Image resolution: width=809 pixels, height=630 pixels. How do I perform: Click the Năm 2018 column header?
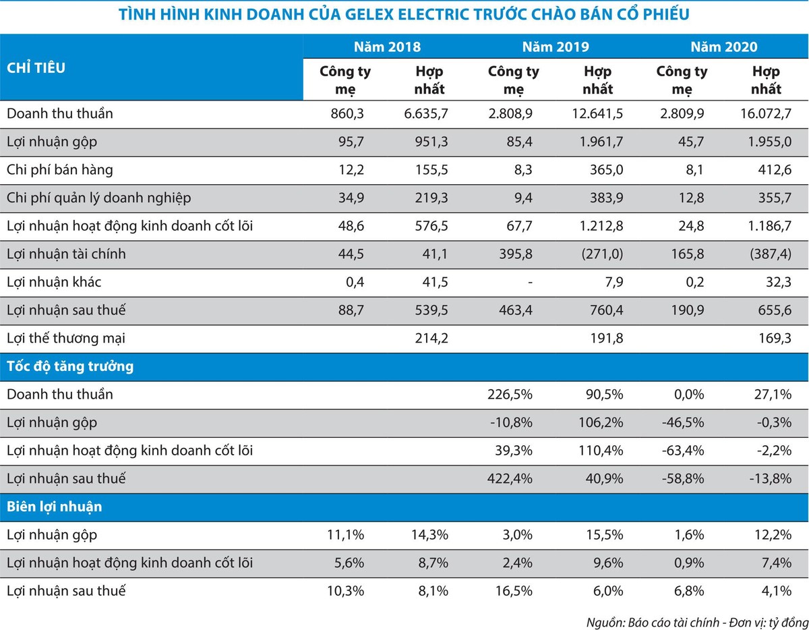(387, 47)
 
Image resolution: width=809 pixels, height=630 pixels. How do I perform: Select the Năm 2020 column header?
(723, 47)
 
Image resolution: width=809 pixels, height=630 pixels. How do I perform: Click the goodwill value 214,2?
(432, 339)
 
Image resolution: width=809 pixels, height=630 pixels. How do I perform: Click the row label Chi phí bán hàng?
(60, 170)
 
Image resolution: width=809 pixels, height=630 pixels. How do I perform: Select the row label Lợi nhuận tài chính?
(66, 254)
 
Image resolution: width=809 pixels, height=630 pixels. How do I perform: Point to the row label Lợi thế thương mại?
(66, 339)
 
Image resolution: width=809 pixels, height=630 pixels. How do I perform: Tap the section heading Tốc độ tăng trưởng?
(70, 367)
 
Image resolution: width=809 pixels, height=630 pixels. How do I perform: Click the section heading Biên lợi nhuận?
(55, 507)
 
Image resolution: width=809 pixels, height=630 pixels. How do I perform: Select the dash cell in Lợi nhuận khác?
(530, 283)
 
